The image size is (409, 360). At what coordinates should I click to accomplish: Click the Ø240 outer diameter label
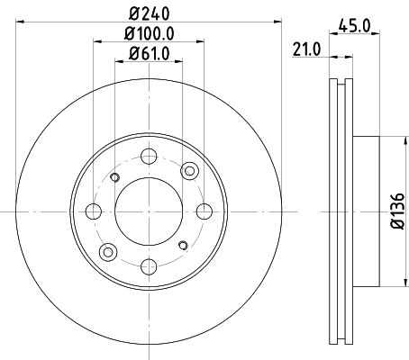click(150, 13)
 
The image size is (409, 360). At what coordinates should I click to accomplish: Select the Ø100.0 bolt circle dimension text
click(150, 33)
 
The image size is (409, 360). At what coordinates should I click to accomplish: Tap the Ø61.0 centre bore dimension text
click(150, 53)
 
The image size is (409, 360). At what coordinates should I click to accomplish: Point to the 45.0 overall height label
click(354, 26)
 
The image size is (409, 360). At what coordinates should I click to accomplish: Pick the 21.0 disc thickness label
click(306, 49)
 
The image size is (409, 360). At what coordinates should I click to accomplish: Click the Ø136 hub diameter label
click(398, 211)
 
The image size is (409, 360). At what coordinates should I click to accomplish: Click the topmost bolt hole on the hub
click(149, 157)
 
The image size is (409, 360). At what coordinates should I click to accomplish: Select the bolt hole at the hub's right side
click(204, 211)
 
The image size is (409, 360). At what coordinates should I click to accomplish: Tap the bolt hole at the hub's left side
click(94, 211)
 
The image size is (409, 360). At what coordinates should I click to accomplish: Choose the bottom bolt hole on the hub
click(149, 266)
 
